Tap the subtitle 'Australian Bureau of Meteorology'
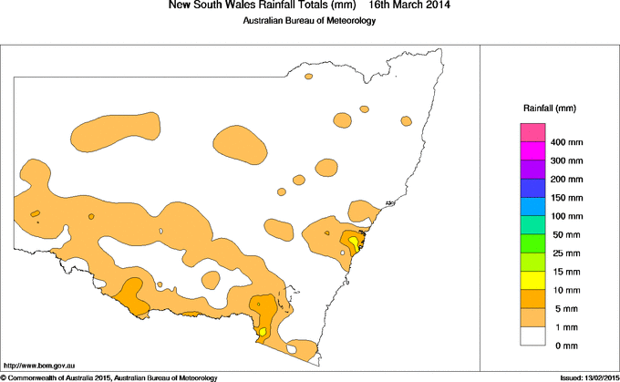pos(309,22)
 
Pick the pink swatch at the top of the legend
pos(532,133)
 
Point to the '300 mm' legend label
pos(567,160)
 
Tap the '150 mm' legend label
pos(567,198)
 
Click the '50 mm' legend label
pos(565,235)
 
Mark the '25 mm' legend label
pos(565,253)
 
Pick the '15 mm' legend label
pos(565,272)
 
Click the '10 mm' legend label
pos(565,290)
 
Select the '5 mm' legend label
pos(563,309)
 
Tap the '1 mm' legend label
pos(563,326)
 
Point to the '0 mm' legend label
pos(563,346)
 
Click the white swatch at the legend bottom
pos(532,336)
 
